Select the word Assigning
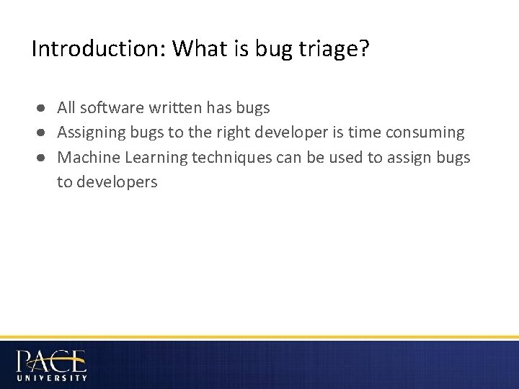pos(90,133)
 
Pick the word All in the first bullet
pos(66,108)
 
